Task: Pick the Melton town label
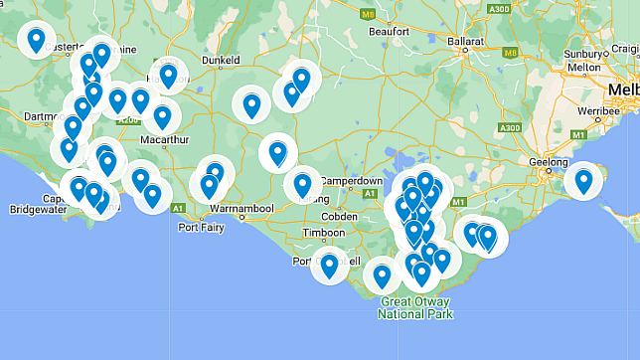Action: tap(583, 67)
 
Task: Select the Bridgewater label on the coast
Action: tap(40, 211)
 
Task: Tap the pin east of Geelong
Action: tap(583, 180)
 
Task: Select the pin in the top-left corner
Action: tap(37, 41)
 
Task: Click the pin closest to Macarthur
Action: tap(162, 116)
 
